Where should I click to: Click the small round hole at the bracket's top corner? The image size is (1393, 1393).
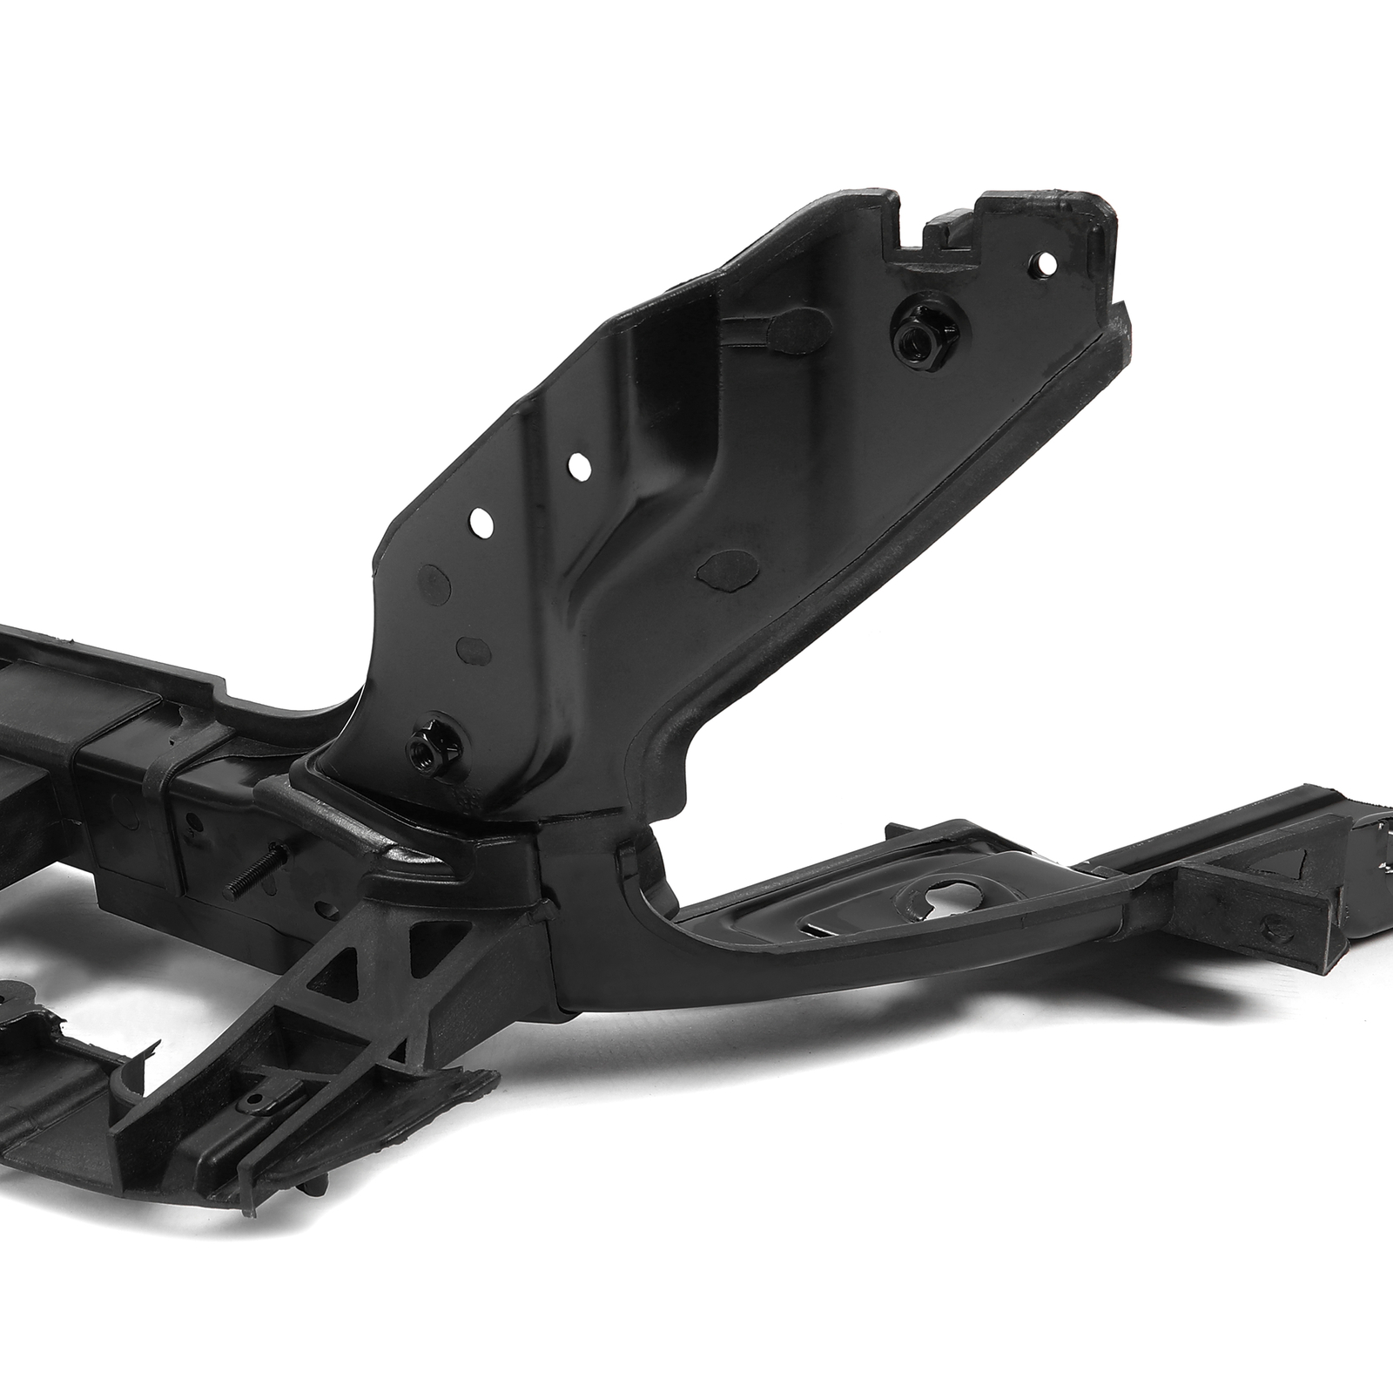(x=1047, y=262)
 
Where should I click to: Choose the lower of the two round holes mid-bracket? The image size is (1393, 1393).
(x=481, y=523)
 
